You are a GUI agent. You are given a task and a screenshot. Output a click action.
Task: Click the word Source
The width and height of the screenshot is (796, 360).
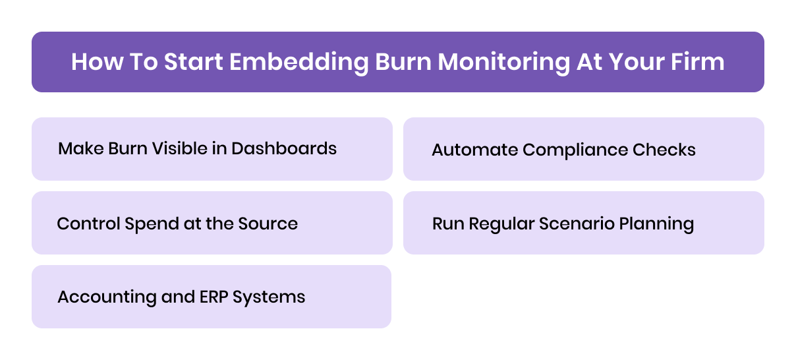tap(270, 224)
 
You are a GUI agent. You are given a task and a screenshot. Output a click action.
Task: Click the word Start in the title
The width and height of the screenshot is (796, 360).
tap(190, 62)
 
